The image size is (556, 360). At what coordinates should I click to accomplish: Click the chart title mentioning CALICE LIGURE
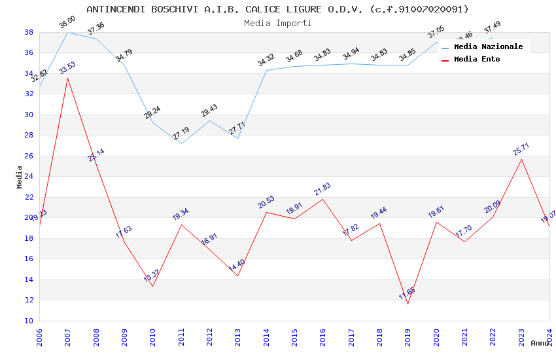tap(277, 9)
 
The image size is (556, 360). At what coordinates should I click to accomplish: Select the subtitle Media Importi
tap(277, 23)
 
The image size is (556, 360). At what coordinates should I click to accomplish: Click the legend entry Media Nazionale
tap(488, 46)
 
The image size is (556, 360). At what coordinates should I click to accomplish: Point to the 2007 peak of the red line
tap(67, 78)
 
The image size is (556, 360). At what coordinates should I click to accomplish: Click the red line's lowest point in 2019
tap(408, 304)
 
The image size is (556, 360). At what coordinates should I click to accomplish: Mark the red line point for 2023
tap(521, 159)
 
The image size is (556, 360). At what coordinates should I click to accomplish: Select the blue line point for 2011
tap(181, 143)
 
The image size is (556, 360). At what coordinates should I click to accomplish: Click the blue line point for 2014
tap(266, 70)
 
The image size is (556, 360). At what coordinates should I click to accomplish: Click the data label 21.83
tap(322, 189)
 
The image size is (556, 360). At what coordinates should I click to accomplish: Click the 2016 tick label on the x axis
tap(322, 336)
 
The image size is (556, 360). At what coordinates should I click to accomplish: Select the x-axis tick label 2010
tap(152, 336)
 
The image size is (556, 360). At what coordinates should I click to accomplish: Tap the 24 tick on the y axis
tap(29, 177)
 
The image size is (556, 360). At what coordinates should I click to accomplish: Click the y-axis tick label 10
tap(29, 321)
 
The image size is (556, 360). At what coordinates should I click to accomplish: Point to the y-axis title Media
tap(20, 177)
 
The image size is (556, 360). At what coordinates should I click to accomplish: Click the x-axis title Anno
tap(540, 343)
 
